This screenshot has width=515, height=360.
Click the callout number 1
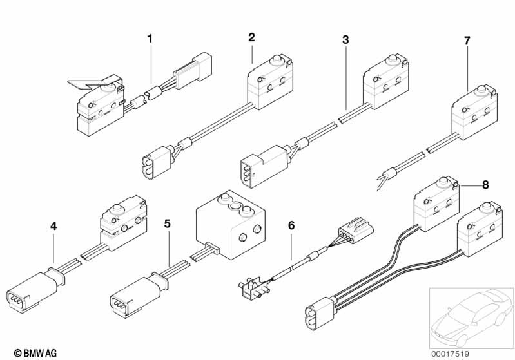tap(150, 39)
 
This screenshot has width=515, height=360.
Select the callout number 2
tap(251, 37)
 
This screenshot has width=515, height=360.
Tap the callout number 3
tap(345, 40)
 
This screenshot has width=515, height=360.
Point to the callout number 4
tap(53, 226)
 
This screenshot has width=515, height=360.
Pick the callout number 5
tap(168, 224)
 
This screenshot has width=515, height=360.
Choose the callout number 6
tap(291, 225)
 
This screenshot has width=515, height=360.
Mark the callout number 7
tap(467, 41)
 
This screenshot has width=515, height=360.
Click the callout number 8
tap(485, 185)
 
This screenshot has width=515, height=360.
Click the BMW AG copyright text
tap(35, 353)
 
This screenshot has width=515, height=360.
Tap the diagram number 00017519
tap(451, 354)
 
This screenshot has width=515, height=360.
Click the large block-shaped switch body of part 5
tap(230, 225)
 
